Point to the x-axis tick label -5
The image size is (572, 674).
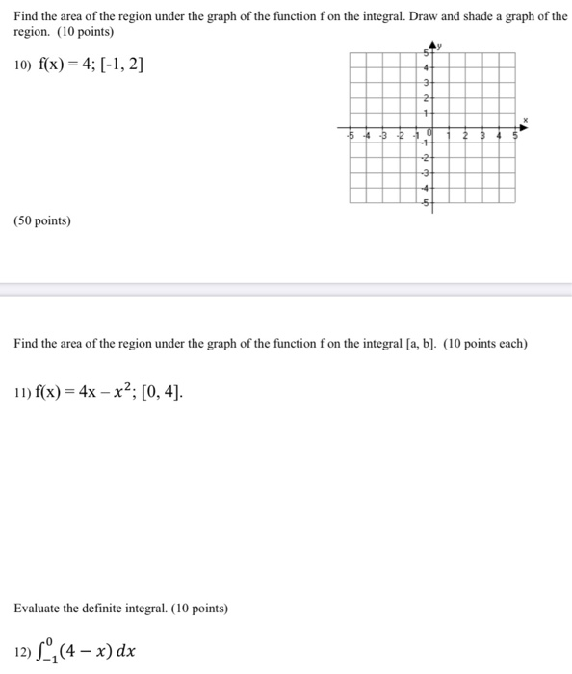351,136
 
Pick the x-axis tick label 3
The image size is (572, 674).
481,136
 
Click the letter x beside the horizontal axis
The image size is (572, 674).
526,119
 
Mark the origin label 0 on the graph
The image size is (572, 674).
428,133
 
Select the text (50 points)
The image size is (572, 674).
42,220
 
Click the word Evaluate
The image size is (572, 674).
38,609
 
